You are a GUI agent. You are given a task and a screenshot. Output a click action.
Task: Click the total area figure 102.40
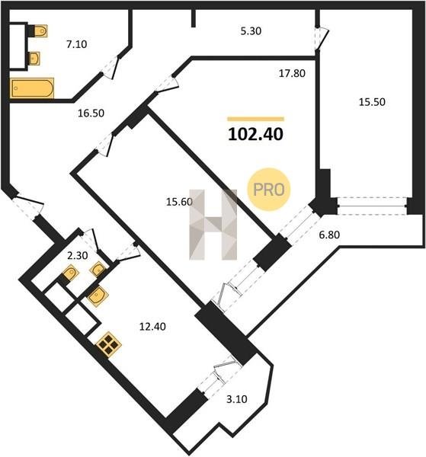pyautogui.click(x=255, y=134)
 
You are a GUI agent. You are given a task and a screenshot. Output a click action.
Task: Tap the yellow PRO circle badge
pyautogui.click(x=269, y=190)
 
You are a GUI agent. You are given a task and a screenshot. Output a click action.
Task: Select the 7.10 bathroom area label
pyautogui.click(x=77, y=44)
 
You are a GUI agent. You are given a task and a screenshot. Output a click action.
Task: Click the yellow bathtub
pyautogui.click(x=32, y=88)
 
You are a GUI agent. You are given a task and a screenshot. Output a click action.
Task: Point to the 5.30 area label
pyautogui.click(x=251, y=31)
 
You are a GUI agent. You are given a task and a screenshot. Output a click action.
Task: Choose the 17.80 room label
pyautogui.click(x=292, y=73)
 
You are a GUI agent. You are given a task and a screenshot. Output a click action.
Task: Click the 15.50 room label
pyautogui.click(x=372, y=102)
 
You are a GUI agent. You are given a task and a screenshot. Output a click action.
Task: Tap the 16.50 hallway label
pyautogui.click(x=91, y=113)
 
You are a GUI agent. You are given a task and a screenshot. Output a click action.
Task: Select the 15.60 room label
pyautogui.click(x=179, y=202)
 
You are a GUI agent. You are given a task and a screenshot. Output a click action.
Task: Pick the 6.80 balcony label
pyautogui.click(x=329, y=235)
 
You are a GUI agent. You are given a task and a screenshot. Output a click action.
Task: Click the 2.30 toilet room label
pyautogui.click(x=77, y=256)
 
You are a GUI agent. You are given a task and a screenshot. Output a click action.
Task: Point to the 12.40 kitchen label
pyautogui.click(x=152, y=327)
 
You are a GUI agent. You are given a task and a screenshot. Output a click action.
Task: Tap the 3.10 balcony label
pyautogui.click(x=237, y=399)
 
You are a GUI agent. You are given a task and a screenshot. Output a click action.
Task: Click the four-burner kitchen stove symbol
pyautogui.click(x=109, y=344)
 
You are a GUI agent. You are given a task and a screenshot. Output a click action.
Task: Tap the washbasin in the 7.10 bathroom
pyautogui.click(x=34, y=59)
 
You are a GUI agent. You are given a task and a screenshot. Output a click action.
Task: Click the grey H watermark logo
pyautogui.click(x=213, y=225)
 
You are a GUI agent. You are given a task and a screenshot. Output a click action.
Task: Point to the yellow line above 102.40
pyautogui.click(x=256, y=119)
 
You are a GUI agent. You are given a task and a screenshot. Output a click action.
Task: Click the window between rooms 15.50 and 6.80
pyautogui.click(x=372, y=206)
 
